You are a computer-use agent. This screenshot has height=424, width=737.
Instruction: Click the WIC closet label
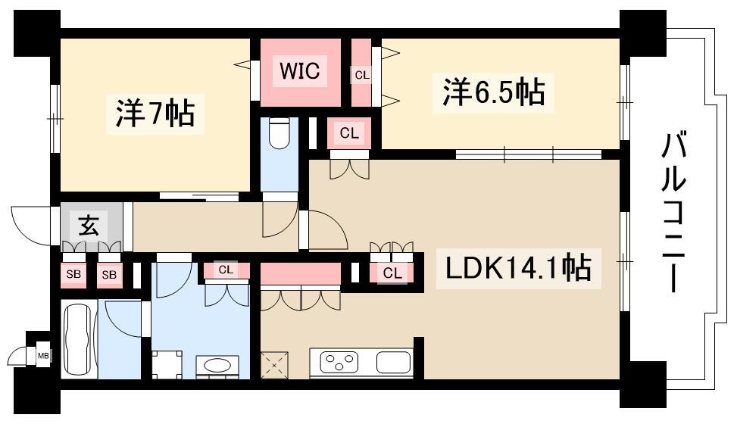pyautogui.click(x=299, y=71)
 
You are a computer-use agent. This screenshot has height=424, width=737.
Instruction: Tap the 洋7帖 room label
pyautogui.click(x=155, y=113)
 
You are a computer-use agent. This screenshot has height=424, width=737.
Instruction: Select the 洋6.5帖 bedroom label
pyautogui.click(x=494, y=92)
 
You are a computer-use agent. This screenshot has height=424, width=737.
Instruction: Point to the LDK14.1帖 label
pyautogui.click(x=518, y=267)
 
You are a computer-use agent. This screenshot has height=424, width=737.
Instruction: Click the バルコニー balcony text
pyautogui.click(x=673, y=212)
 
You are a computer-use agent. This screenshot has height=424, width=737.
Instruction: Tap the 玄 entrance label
pyautogui.click(x=89, y=226)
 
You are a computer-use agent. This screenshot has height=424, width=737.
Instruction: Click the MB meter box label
pyautogui.click(x=43, y=356)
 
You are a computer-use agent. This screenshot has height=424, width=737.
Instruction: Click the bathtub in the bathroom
pyautogui.click(x=79, y=339)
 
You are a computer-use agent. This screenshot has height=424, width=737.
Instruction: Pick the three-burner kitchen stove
pyautogui.click(x=339, y=363)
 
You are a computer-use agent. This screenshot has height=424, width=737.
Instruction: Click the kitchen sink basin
pyautogui.click(x=394, y=363)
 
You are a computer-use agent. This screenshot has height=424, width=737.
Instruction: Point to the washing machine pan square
pyautogui.click(x=167, y=364)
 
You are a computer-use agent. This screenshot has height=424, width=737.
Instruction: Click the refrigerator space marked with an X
pyautogui.click(x=274, y=364)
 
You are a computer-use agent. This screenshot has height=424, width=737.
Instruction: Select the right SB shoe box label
pyautogui.click(x=109, y=274)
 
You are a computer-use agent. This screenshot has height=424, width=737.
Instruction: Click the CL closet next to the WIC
pyautogui.click(x=362, y=75)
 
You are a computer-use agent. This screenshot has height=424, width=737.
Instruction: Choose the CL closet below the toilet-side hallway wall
pyautogui.click(x=349, y=133)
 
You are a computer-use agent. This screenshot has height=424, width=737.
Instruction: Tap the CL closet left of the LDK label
pyautogui.click(x=392, y=273)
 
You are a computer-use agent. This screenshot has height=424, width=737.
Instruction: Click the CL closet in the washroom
pyautogui.click(x=226, y=270)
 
